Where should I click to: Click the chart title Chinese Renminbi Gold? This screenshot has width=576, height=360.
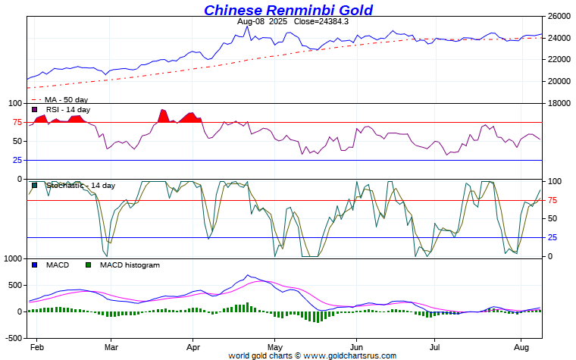(x=288, y=10)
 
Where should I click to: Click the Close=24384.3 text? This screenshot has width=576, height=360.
(x=321, y=21)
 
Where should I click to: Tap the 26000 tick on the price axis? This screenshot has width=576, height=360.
(x=559, y=16)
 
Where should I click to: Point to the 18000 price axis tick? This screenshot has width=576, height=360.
(x=559, y=103)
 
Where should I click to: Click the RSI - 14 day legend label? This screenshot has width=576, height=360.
(x=67, y=110)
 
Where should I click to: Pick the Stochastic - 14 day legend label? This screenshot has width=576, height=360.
(x=80, y=186)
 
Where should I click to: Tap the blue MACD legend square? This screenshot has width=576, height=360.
(x=34, y=265)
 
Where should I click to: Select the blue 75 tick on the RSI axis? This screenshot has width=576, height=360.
(x=17, y=122)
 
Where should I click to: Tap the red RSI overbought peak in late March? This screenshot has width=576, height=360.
(x=164, y=114)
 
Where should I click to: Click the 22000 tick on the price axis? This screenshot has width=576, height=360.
(x=559, y=60)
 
